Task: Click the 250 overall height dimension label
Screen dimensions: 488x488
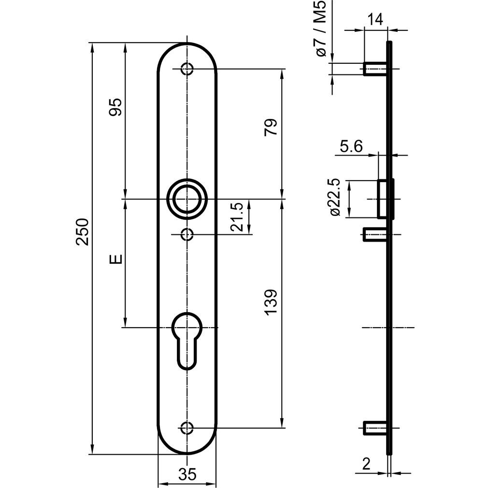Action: click(x=83, y=232)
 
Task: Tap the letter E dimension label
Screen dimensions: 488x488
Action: click(x=116, y=258)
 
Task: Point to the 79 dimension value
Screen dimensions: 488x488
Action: click(x=270, y=127)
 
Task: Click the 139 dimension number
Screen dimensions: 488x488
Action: click(x=270, y=302)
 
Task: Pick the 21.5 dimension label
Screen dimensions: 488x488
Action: click(x=237, y=217)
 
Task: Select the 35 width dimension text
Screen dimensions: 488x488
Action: click(x=187, y=474)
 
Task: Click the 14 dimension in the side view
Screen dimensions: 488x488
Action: click(x=375, y=20)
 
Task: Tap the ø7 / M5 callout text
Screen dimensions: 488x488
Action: click(x=321, y=29)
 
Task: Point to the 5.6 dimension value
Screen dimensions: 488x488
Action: click(x=351, y=146)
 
